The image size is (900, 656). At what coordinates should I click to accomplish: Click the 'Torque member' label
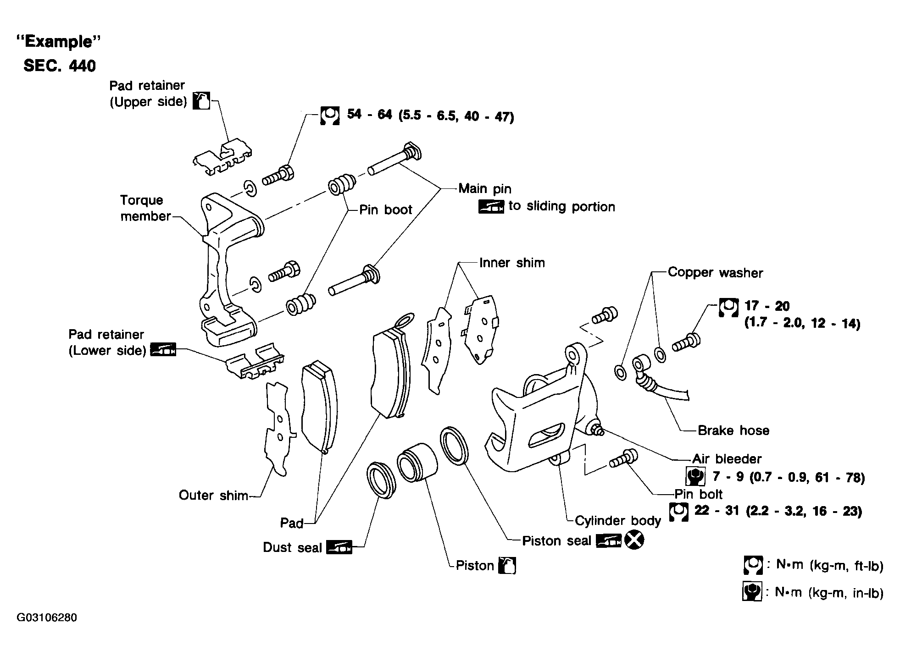pyautogui.click(x=145, y=208)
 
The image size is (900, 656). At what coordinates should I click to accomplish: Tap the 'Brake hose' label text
pyautogui.click(x=733, y=430)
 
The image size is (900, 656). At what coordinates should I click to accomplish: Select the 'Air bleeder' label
pyautogui.click(x=727, y=458)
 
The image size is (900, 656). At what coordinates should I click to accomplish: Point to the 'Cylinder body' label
pyautogui.click(x=617, y=520)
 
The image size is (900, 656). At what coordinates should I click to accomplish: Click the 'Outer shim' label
pyautogui.click(x=213, y=495)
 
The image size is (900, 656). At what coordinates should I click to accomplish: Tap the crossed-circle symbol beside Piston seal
pyautogui.click(x=634, y=540)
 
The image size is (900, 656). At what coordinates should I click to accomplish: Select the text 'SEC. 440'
pyautogui.click(x=60, y=66)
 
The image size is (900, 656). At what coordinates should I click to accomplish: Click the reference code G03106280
pyautogui.click(x=47, y=617)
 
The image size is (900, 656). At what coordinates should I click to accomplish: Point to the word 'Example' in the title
pyautogui.click(x=58, y=42)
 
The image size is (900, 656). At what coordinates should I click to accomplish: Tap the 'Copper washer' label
pyautogui.click(x=715, y=272)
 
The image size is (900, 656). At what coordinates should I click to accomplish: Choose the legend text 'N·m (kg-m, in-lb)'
pyautogui.click(x=828, y=592)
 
